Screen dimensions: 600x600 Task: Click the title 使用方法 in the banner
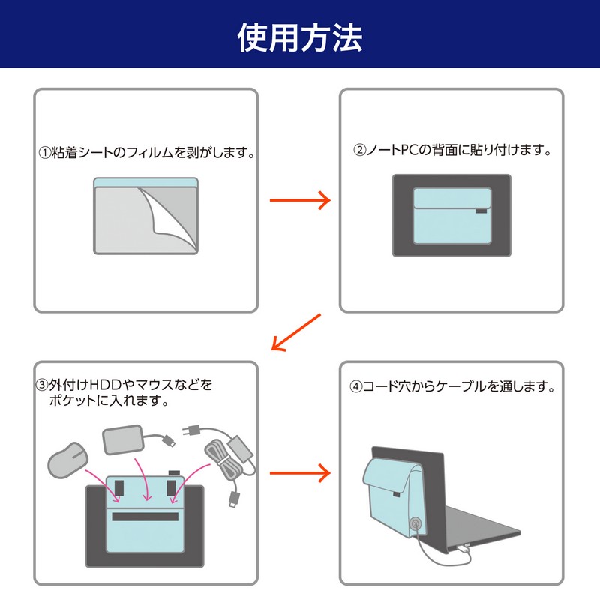tap(300, 36)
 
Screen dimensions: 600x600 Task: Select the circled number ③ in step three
tap(43, 385)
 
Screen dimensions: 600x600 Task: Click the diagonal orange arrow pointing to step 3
tap(296, 332)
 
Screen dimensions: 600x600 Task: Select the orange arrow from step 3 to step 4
tap(300, 472)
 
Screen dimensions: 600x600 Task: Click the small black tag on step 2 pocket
tap(481, 212)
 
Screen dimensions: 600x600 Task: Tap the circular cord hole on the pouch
tap(414, 525)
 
